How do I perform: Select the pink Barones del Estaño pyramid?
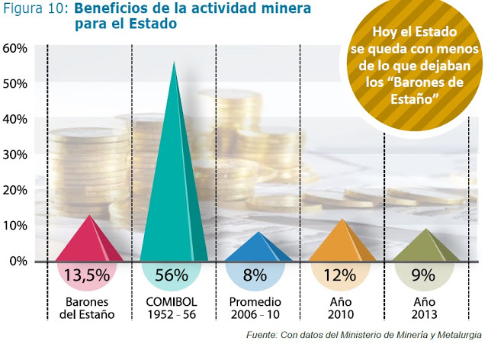click(90, 243)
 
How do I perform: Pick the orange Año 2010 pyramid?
click(342, 244)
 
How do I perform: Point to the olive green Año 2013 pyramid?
click(426, 248)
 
